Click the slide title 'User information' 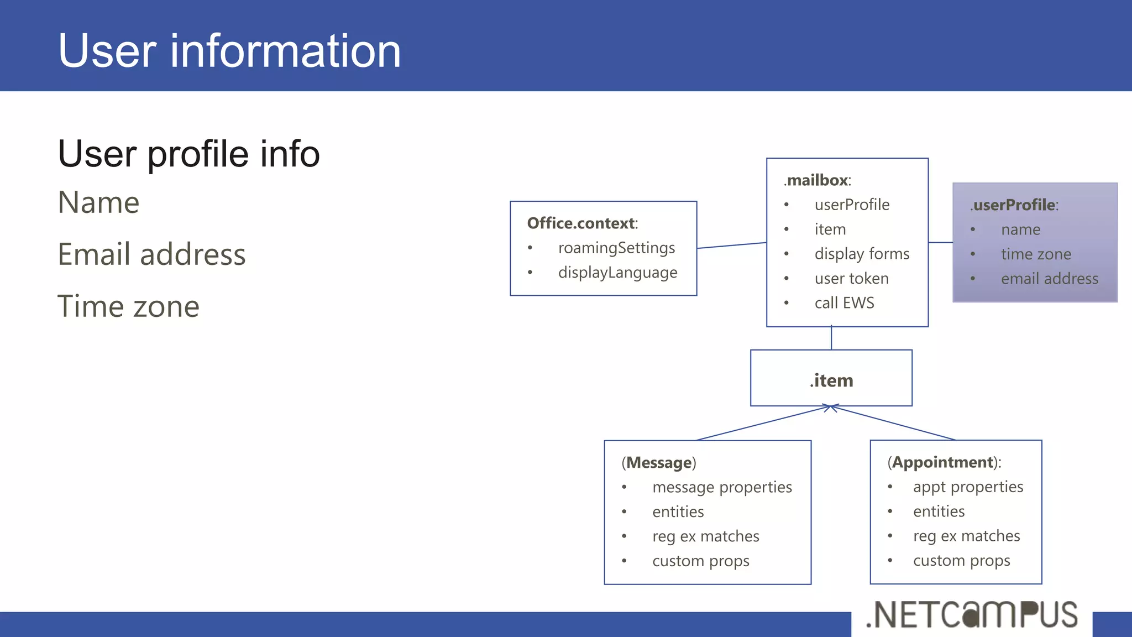click(x=229, y=51)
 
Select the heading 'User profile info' click(x=188, y=154)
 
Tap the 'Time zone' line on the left click(x=128, y=306)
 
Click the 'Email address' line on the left click(x=151, y=254)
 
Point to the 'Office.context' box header click(x=582, y=223)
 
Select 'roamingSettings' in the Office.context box click(x=616, y=248)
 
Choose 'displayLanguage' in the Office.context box click(x=617, y=273)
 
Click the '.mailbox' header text click(x=817, y=180)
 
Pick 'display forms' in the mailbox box click(x=862, y=254)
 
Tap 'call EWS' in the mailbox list click(x=844, y=303)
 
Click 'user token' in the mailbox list click(x=851, y=279)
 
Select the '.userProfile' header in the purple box click(x=1014, y=205)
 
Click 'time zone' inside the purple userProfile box click(x=1036, y=254)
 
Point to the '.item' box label click(x=831, y=380)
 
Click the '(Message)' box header click(x=659, y=462)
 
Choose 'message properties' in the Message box click(x=722, y=487)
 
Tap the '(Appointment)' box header click(x=944, y=462)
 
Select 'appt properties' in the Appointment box click(x=968, y=487)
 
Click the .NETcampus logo click(x=972, y=615)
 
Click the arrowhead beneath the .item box click(x=830, y=408)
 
